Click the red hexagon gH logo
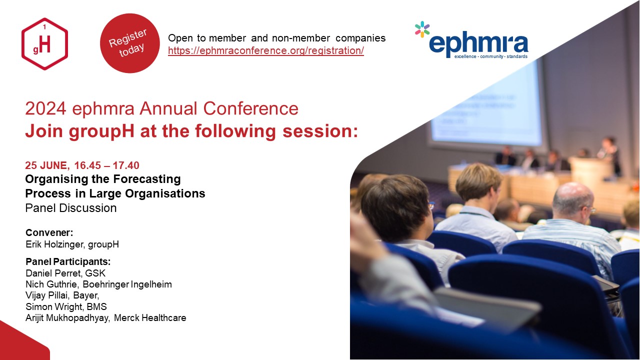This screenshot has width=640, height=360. pos(44,43)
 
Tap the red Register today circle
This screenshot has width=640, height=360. pos(129,43)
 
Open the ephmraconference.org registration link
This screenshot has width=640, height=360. pos(265,50)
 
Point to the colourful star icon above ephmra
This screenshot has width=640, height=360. pos(422,29)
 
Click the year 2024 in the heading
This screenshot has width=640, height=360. pos(45,108)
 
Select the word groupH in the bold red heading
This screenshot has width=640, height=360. pos(101,131)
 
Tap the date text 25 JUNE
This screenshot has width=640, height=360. pos(46,165)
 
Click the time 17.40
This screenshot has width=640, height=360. pos(126,165)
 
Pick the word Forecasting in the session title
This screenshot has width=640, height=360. pos(147,179)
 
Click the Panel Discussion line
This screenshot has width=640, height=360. pos(71,208)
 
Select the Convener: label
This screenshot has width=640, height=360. pos(49,232)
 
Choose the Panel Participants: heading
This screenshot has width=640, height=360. pos(68,261)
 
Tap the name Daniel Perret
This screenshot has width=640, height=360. pos(54,273)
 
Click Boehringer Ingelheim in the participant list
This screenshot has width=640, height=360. pos(127,284)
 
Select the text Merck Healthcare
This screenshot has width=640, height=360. pos(150,318)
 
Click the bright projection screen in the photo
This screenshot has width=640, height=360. pos(485,105)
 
